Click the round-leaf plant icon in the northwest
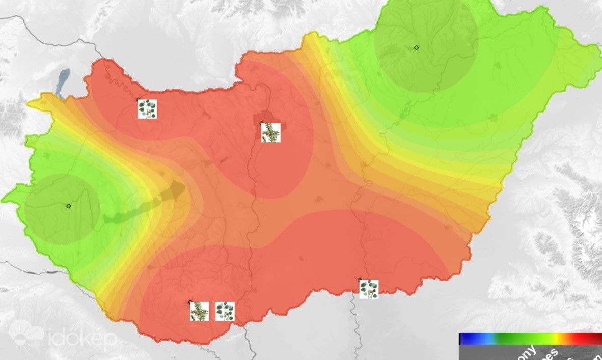[x=147, y=109]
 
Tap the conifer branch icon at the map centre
[x=271, y=132]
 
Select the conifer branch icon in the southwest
[x=200, y=311]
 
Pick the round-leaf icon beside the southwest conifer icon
[x=225, y=312]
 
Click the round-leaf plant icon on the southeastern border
[x=369, y=289]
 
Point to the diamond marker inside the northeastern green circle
[x=416, y=47]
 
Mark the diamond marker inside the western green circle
[x=68, y=206]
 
